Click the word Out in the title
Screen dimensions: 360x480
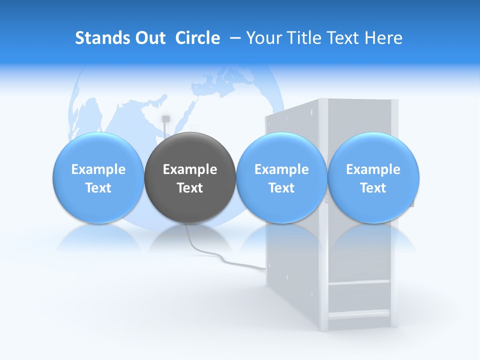[x=149, y=38]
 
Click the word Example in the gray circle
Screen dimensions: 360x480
[x=190, y=169]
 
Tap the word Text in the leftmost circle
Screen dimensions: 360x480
[x=98, y=188]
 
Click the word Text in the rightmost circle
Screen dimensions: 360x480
[x=373, y=188]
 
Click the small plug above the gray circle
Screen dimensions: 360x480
[x=166, y=119]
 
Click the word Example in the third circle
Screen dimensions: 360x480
[x=281, y=169]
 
